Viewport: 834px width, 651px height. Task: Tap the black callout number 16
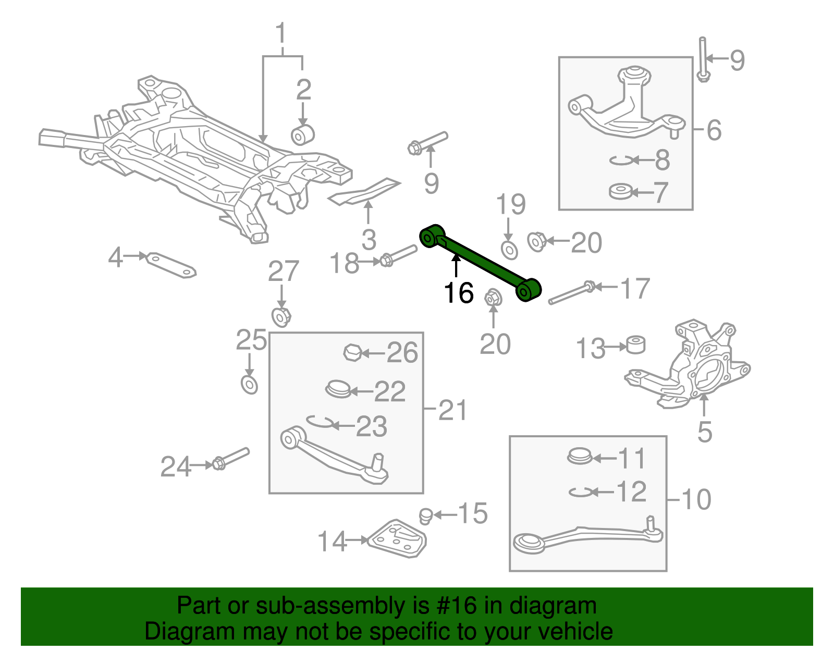459,293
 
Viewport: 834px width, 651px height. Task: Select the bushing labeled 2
302,134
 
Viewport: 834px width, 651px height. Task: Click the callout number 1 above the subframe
281,34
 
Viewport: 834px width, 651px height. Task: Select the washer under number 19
509,250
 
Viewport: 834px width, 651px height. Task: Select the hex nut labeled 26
352,353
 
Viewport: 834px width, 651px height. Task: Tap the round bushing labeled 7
620,192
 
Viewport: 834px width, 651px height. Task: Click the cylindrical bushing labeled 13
635,345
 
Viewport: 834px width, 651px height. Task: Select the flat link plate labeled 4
171,265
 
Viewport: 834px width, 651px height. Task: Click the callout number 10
696,499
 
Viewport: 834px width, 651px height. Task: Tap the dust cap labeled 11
579,457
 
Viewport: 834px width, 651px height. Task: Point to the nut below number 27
281,317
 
